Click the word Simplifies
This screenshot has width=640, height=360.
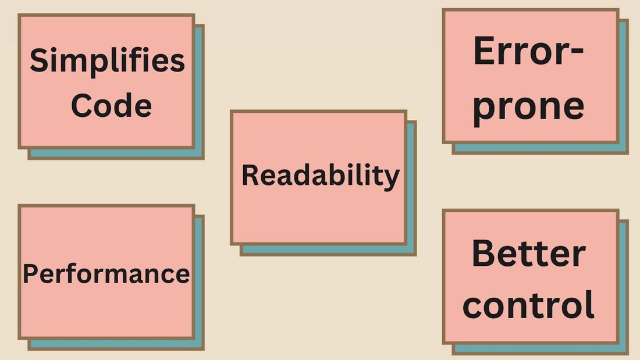click(107, 61)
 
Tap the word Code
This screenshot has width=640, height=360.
click(111, 106)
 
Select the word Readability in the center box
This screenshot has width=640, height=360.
click(321, 175)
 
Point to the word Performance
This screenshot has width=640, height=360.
click(106, 273)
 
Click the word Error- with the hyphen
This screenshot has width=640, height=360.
click(528, 51)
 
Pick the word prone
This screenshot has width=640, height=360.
click(528, 106)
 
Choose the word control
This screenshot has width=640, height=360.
click(528, 304)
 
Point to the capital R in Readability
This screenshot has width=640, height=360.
click(250, 175)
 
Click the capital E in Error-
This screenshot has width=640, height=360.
click(484, 51)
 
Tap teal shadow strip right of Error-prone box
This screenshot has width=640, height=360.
click(623, 87)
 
